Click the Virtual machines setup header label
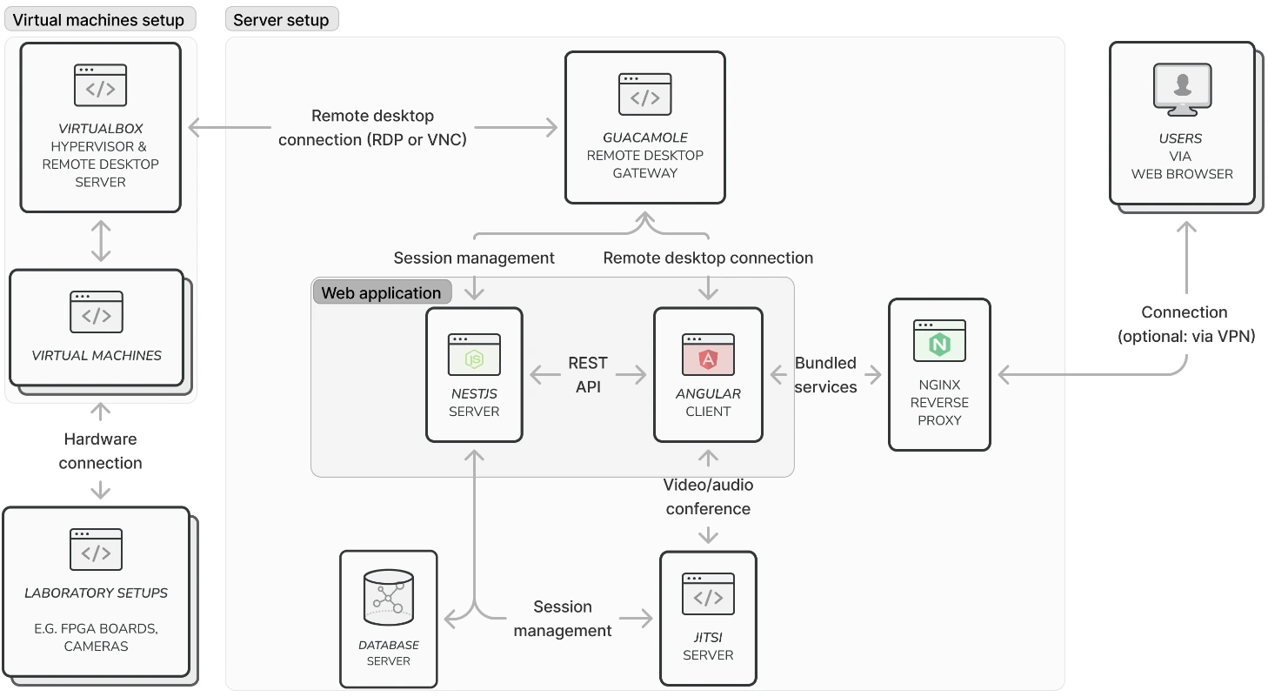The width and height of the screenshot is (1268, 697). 98,19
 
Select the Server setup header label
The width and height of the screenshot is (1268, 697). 281,19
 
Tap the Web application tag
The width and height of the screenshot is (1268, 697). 381,292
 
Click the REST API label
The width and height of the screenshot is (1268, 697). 588,375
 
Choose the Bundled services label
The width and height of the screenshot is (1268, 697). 825,375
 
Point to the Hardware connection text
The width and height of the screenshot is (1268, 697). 100,451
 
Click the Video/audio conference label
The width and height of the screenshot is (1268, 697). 708,496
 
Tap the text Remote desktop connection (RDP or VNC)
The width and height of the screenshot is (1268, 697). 372,127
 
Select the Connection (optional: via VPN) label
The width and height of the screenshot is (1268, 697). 1185,325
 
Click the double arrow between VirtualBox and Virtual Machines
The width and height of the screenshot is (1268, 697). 101,241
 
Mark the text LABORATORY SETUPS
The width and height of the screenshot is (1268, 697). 96,593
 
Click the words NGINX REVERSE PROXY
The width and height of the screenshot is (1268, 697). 939,402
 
